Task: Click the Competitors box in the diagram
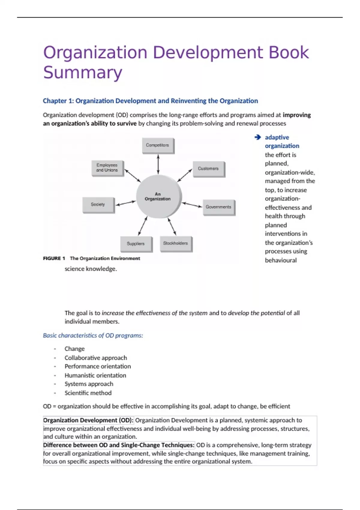[x=158, y=145]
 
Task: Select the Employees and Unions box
[x=107, y=168]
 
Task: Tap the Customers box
[x=208, y=169]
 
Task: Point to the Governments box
[x=218, y=207]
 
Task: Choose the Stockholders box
[x=175, y=243]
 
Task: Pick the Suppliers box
[x=136, y=244]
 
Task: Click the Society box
[x=98, y=205]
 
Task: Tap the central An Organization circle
[x=158, y=196]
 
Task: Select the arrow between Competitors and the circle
[x=158, y=164]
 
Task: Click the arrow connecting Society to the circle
[x=126, y=203]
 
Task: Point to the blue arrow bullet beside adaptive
[x=258, y=137]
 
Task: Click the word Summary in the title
[x=83, y=73]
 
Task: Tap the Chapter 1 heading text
[x=150, y=101]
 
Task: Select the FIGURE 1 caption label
[x=54, y=258]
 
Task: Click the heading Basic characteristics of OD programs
[x=93, y=335]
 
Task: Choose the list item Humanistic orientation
[x=95, y=375]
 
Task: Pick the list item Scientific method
[x=88, y=393]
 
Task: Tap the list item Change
[x=75, y=349]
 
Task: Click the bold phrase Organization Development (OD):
[x=88, y=420]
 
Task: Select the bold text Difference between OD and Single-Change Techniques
[x=119, y=445]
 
